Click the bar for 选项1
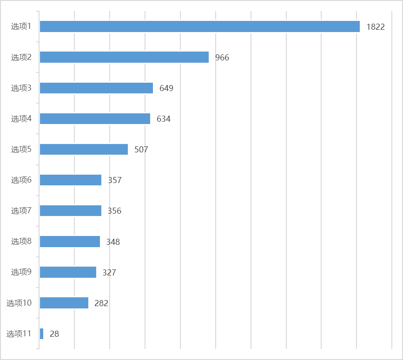click(x=200, y=26)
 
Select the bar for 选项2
click(x=124, y=57)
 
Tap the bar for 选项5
click(x=84, y=149)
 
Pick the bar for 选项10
click(x=64, y=303)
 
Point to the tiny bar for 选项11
click(x=41, y=334)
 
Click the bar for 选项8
click(x=70, y=242)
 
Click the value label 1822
click(x=376, y=27)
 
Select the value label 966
click(x=222, y=58)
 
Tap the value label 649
click(x=166, y=88)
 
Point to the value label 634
click(x=164, y=119)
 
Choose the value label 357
click(x=115, y=180)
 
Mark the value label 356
click(x=114, y=211)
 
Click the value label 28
click(x=54, y=334)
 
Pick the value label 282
click(x=101, y=303)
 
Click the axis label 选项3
click(x=21, y=88)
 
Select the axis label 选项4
click(x=21, y=118)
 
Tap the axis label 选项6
click(x=21, y=180)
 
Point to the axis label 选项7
click(x=21, y=210)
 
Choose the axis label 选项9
click(x=21, y=272)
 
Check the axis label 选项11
click(x=19, y=334)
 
